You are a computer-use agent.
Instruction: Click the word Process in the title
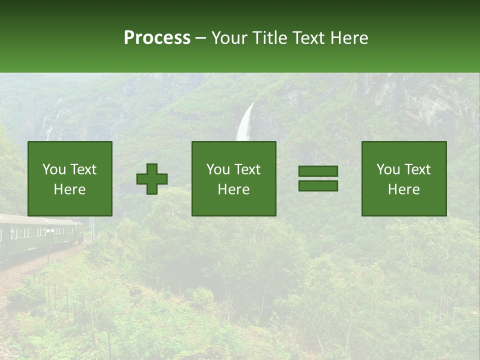pyautogui.click(x=157, y=38)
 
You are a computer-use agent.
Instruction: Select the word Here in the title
pyautogui.click(x=349, y=38)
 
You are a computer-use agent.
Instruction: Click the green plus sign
pyautogui.click(x=152, y=179)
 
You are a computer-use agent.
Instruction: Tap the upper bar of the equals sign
pyautogui.click(x=318, y=171)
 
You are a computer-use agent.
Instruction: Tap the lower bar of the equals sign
pyautogui.click(x=318, y=186)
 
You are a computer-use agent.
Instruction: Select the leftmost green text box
pyautogui.click(x=70, y=178)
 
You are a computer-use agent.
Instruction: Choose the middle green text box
pyautogui.click(x=234, y=178)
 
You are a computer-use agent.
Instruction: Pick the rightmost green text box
pyautogui.click(x=404, y=178)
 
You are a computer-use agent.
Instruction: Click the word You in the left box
pyautogui.click(x=54, y=169)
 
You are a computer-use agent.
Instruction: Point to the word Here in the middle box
pyautogui.click(x=234, y=189)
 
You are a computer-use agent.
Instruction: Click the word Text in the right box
pyautogui.click(x=417, y=169)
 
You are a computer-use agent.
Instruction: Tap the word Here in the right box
pyautogui.click(x=404, y=189)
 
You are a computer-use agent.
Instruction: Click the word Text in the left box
pyautogui.click(x=83, y=169)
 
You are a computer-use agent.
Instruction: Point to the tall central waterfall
pyautogui.click(x=244, y=122)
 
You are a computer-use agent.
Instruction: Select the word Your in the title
pyautogui.click(x=228, y=38)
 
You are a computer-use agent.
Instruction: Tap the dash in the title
pyautogui.click(x=200, y=38)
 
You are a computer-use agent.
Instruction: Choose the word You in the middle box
pyautogui.click(x=218, y=169)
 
